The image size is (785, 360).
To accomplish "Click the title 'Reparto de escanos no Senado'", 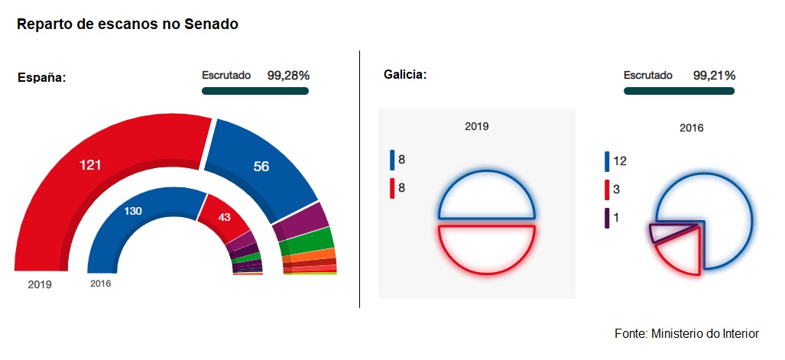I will click(128, 24).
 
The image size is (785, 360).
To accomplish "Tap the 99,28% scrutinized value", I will click(288, 76).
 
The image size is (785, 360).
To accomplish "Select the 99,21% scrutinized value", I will click(714, 76).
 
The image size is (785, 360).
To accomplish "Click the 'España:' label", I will click(42, 77).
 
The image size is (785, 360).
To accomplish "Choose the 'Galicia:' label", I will click(404, 75).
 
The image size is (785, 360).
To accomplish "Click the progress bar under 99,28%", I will click(255, 91).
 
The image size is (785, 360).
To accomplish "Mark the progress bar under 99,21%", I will click(679, 91).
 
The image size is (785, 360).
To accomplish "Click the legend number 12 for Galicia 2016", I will click(619, 161).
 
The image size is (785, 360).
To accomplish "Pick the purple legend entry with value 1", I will click(615, 218).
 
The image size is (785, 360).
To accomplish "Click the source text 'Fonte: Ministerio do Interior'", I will click(686, 334).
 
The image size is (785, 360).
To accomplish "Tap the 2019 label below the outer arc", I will click(40, 284).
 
